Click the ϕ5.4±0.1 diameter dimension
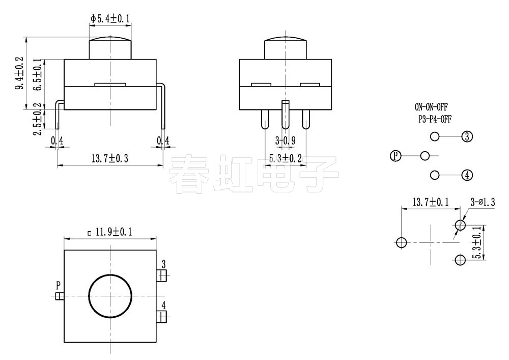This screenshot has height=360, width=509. click(x=110, y=19)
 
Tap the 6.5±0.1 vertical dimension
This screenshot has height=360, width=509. click(x=37, y=75)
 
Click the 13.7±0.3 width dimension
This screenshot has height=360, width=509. click(x=109, y=158)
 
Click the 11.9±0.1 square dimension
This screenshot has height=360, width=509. click(x=109, y=232)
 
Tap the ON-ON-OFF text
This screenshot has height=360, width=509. click(x=431, y=107)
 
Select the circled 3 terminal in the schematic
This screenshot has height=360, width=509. click(x=467, y=136)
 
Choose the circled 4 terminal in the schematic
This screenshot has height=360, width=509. click(x=467, y=175)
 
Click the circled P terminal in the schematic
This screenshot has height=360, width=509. click(x=395, y=156)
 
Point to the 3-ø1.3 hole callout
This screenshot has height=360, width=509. click(x=482, y=203)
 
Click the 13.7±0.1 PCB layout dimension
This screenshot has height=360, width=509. click(x=425, y=203)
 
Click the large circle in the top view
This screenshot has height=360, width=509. click(x=110, y=295)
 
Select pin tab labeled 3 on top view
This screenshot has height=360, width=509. click(x=162, y=275)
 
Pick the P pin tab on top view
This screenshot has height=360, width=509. click(x=59, y=296)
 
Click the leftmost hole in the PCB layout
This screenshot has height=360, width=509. click(x=402, y=242)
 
